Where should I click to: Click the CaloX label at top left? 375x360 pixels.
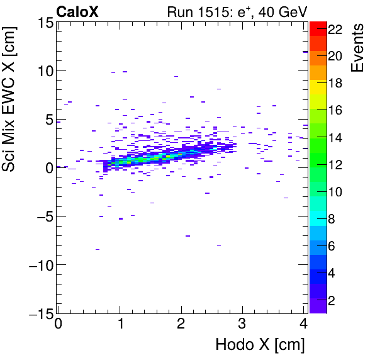pos(77,11)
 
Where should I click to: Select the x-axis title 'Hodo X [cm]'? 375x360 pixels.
pos(260,345)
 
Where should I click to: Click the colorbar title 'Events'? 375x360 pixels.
pos(359,48)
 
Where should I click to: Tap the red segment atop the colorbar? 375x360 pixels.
pos(317,26)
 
